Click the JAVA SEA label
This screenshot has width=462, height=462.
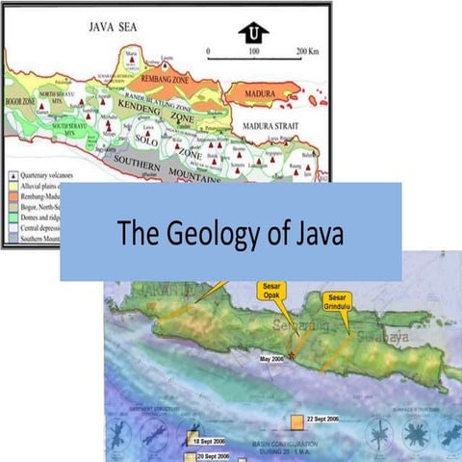click(114, 30)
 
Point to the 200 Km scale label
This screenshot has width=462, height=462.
click(307, 50)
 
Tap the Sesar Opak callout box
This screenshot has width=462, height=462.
click(274, 293)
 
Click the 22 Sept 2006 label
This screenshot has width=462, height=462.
click(321, 421)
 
